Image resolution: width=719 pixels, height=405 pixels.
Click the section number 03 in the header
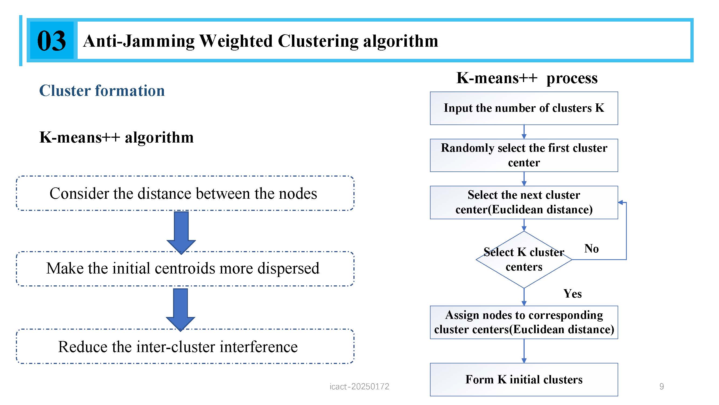click(x=52, y=40)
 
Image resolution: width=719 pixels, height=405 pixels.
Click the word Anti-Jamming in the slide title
click(x=139, y=41)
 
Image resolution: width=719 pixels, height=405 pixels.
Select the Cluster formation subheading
click(x=102, y=90)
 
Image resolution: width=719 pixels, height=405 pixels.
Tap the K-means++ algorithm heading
click(x=116, y=137)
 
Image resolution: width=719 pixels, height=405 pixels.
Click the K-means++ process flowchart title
click(x=527, y=78)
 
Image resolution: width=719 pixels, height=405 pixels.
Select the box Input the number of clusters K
click(x=524, y=108)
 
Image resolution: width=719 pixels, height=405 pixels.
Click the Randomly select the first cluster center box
click(x=524, y=155)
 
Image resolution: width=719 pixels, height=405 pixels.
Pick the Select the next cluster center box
click(x=524, y=202)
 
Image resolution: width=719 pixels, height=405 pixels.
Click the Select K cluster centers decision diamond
click(x=524, y=259)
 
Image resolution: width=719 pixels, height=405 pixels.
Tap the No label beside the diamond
click(x=591, y=248)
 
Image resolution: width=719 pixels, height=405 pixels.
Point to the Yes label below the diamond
click(x=572, y=294)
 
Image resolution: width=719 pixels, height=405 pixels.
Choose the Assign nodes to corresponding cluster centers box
click(x=524, y=322)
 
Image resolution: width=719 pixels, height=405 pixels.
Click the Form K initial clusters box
click(x=524, y=380)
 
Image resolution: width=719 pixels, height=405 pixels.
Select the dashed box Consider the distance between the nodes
click(x=185, y=193)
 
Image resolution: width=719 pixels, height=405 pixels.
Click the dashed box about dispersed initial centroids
click(x=185, y=269)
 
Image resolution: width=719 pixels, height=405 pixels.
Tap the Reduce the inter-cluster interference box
click(x=185, y=346)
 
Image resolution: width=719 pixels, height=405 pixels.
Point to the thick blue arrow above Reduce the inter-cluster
click(x=181, y=310)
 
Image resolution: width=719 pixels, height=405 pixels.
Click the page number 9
click(x=662, y=387)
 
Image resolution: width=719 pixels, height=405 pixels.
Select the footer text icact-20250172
click(x=359, y=387)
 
